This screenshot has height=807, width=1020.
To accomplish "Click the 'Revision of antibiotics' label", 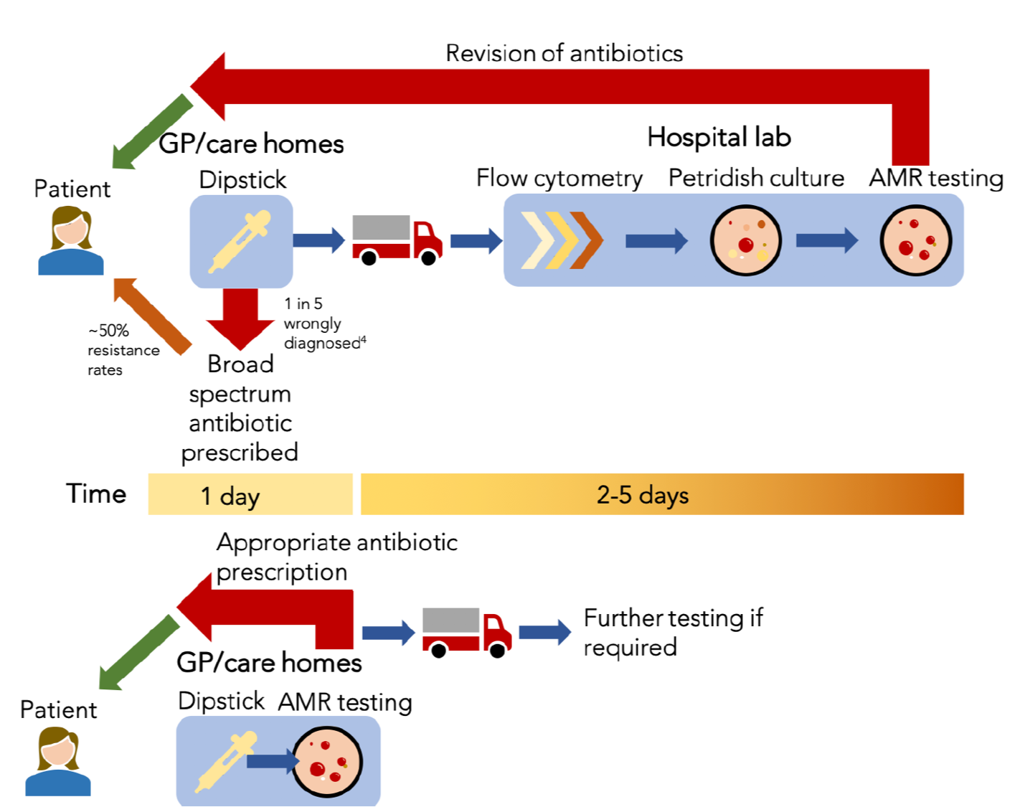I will point(564,53).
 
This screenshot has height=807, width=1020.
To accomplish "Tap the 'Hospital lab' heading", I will point(719,137).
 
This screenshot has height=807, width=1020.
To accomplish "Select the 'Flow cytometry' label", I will point(559,178).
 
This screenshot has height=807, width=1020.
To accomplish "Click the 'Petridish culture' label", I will point(756,178).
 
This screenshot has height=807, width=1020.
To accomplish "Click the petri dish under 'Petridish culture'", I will point(745,240).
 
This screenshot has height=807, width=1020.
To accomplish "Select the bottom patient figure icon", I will point(58,761).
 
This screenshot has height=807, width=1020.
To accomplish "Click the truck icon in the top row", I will point(397,240).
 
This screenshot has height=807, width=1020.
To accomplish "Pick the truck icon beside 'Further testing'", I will point(467,632).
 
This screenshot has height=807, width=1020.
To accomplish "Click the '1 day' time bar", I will point(250,494).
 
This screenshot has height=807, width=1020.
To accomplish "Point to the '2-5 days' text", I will point(643,494).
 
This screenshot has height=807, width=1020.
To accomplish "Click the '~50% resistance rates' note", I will point(123,350).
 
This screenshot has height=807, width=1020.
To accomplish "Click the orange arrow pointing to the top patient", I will point(152,316).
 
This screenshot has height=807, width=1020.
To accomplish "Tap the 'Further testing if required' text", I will point(673,632).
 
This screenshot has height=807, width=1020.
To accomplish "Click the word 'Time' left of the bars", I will point(96,494).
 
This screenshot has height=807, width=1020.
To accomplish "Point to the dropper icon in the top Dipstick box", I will point(240,241).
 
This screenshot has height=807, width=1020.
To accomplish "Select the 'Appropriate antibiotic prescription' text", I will point(336,557).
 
